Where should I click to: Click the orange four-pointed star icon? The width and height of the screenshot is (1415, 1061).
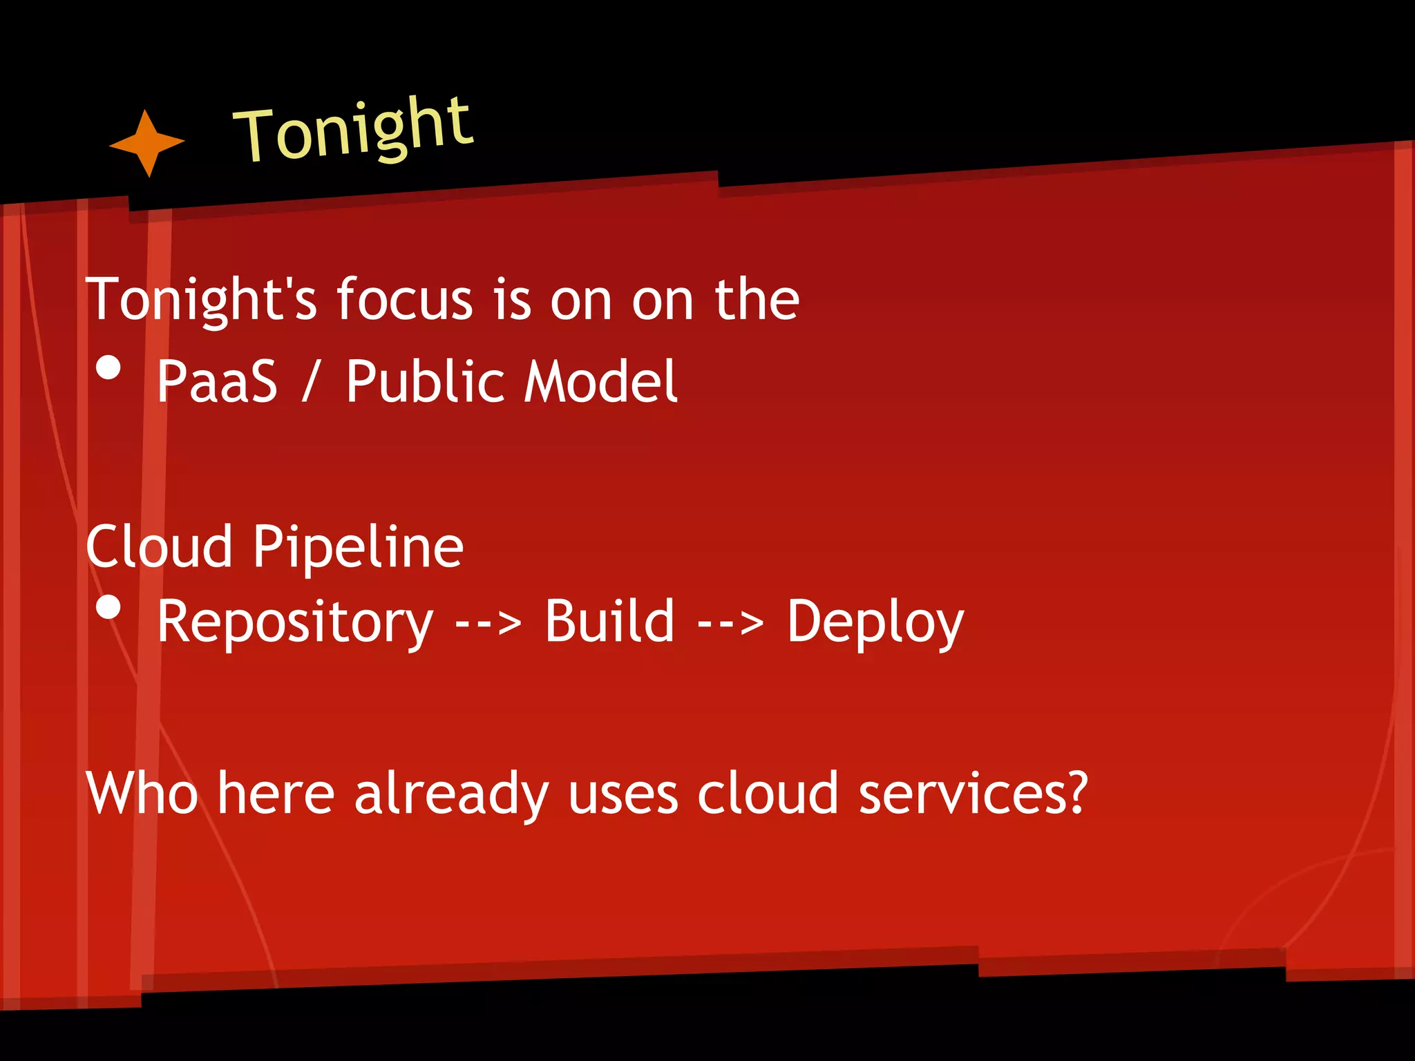(146, 143)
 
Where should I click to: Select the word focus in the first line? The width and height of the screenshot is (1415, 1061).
(404, 300)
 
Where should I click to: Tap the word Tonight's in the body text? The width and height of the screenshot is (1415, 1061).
(201, 300)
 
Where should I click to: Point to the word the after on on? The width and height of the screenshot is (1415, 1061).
(757, 300)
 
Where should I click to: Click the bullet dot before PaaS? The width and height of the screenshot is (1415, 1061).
(108, 367)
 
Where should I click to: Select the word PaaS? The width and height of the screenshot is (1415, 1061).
(217, 381)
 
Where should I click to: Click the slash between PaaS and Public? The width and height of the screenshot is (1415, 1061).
(311, 381)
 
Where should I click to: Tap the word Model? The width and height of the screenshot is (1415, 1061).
(600, 381)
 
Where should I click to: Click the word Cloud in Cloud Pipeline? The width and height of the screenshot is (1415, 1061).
(159, 546)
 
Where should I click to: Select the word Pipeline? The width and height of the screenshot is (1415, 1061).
(358, 548)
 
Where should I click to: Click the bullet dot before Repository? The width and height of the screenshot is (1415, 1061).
(108, 607)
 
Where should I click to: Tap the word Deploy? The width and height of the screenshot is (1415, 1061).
(875, 622)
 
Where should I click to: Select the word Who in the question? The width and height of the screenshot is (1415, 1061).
(142, 794)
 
